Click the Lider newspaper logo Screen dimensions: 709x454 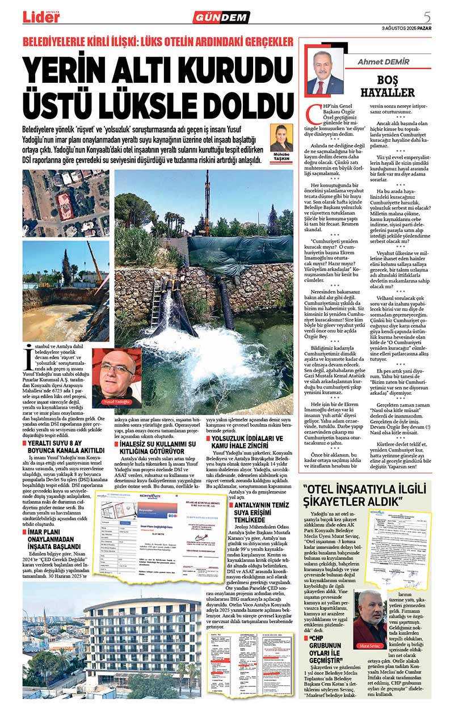41,16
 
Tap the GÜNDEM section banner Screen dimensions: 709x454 221,17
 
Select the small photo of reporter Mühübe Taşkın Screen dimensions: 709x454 281,138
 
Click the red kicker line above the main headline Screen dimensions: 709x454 158,41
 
